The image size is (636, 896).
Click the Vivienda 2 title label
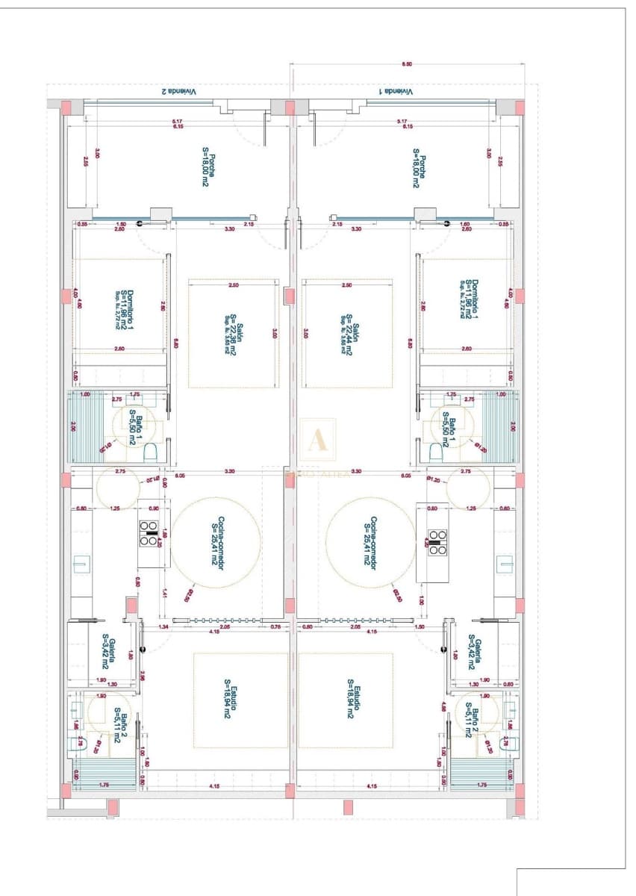(x=178, y=91)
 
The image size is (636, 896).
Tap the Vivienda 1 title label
(x=395, y=91)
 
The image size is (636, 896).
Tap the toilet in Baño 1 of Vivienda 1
(x=435, y=452)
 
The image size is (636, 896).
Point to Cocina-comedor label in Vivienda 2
(x=217, y=541)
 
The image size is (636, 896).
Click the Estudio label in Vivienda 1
(x=354, y=703)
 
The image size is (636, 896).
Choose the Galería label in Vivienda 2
(x=110, y=651)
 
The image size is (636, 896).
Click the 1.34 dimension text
(x=163, y=628)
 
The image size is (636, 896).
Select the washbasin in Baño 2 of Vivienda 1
(x=510, y=709)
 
